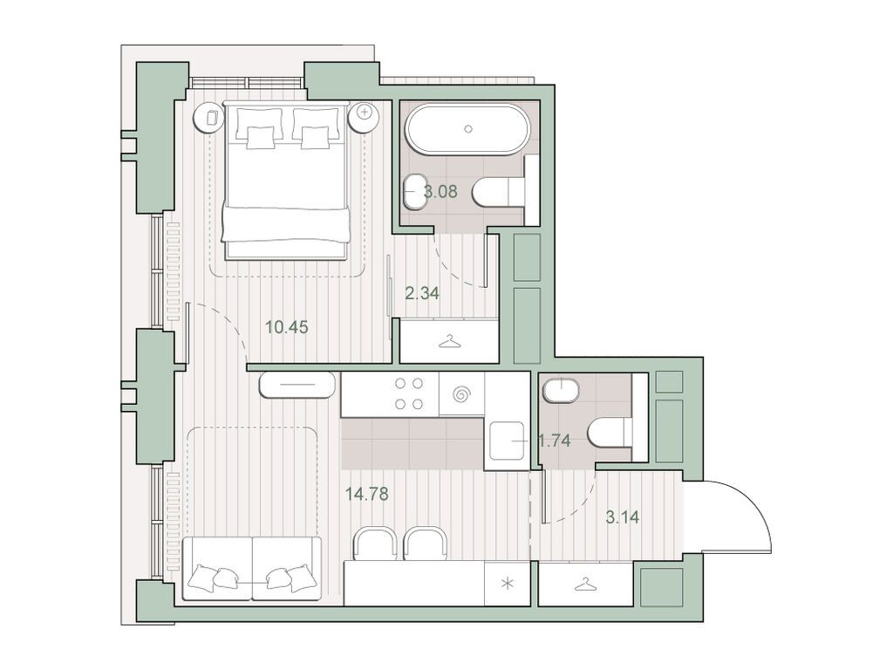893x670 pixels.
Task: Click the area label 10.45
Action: pos(287,327)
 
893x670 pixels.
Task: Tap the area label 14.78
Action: pos(366,494)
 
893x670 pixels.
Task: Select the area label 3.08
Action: pos(439,191)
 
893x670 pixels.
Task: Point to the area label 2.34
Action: pos(422,293)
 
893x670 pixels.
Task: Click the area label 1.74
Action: pos(554,441)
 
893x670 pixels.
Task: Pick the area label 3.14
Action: pos(623,516)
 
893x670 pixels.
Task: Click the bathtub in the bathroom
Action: pos(467,130)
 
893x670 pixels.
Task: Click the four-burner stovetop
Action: pos(410,393)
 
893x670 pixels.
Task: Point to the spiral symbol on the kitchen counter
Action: pos(460,394)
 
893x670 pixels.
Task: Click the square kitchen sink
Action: pos(506,442)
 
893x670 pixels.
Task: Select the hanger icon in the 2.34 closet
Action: pos(448,341)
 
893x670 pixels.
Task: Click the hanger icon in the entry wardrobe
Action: pos(584,585)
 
